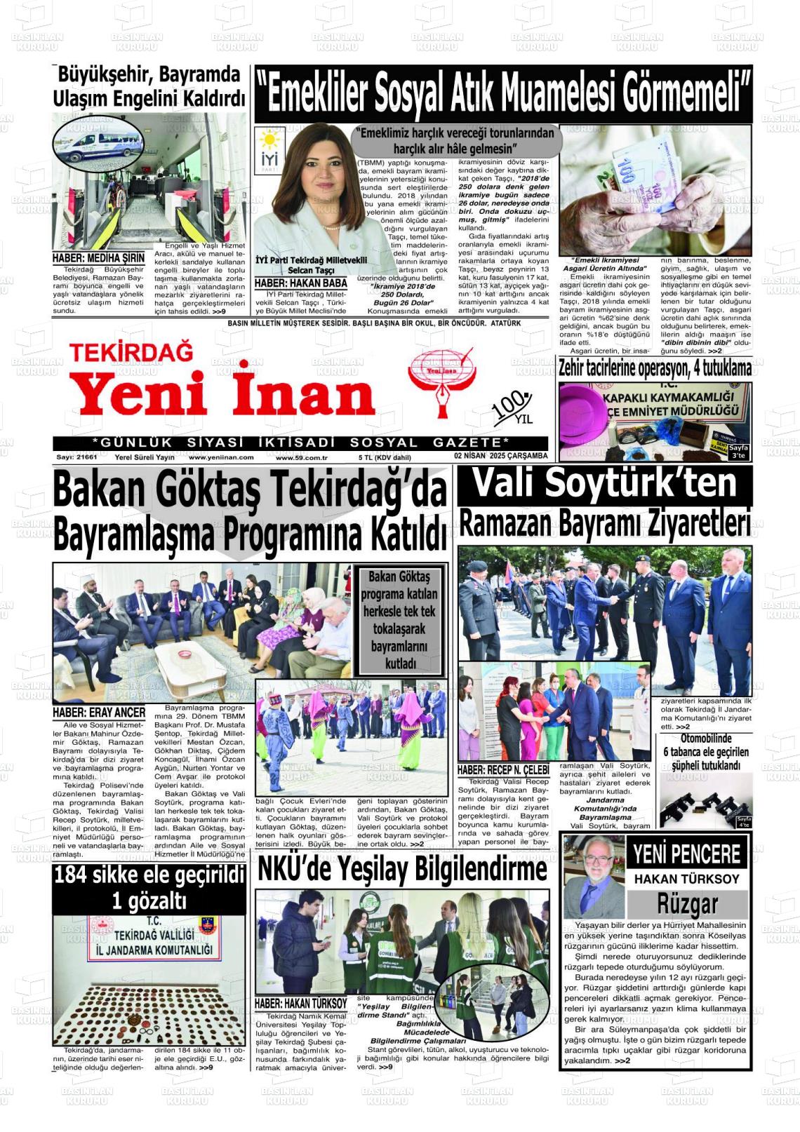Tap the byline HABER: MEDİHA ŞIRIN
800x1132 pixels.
(x=99, y=258)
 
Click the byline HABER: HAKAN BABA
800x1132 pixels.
(x=301, y=283)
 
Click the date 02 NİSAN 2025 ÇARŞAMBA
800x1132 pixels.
(x=500, y=456)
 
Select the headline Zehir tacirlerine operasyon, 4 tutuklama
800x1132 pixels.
(x=654, y=368)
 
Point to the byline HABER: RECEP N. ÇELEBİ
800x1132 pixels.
(x=502, y=770)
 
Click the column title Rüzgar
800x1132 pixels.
(x=687, y=903)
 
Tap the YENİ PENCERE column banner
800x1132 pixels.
(x=686, y=854)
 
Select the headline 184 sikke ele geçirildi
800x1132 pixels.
(x=149, y=875)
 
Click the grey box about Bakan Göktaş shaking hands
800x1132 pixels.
(x=399, y=619)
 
